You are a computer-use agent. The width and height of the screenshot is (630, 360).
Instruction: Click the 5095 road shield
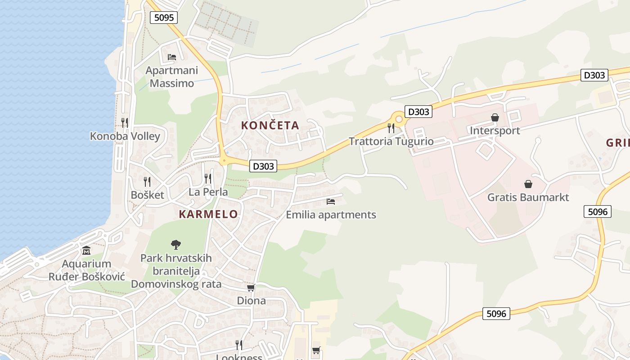point(164,18)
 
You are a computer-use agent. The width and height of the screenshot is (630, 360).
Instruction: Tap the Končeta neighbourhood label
point(270,126)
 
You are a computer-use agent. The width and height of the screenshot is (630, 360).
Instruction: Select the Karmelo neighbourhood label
point(208,214)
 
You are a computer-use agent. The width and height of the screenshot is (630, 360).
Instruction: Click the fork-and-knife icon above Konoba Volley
point(125,122)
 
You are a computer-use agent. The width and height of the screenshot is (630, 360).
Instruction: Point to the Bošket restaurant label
point(148,195)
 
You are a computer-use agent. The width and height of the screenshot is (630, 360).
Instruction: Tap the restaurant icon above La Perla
point(208,179)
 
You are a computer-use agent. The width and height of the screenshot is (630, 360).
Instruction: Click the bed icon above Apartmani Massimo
point(172,57)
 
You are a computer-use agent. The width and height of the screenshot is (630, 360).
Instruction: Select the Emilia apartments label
point(331,215)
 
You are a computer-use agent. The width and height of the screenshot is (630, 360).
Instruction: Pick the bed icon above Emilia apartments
point(331,201)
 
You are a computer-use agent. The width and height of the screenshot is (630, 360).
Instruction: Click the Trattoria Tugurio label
point(391,141)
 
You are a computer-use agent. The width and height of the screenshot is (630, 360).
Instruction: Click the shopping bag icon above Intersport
point(495,118)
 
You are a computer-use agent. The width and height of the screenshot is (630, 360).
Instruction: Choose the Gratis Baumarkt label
point(528,198)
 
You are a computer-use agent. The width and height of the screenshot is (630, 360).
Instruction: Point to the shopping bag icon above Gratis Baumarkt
point(528,184)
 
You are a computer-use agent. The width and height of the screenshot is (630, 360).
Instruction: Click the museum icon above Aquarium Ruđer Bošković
point(86,251)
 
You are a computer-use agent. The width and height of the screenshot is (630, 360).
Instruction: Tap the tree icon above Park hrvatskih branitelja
point(176,245)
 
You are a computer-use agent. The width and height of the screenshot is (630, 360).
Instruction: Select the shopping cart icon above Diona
point(251,288)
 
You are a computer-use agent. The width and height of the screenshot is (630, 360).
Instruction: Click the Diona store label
point(251,301)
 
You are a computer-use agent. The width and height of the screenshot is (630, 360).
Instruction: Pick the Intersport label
point(495,130)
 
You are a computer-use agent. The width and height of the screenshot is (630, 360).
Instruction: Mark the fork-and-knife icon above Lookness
point(239,345)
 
